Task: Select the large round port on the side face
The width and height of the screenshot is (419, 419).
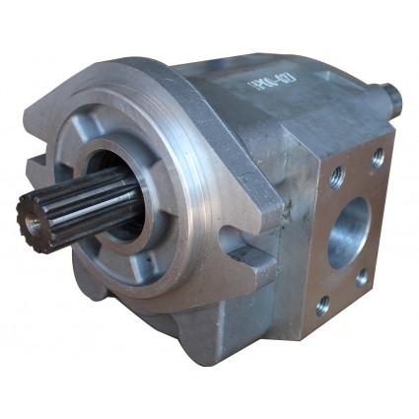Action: [347, 231]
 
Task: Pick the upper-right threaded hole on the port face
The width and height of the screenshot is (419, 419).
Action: [378, 156]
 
